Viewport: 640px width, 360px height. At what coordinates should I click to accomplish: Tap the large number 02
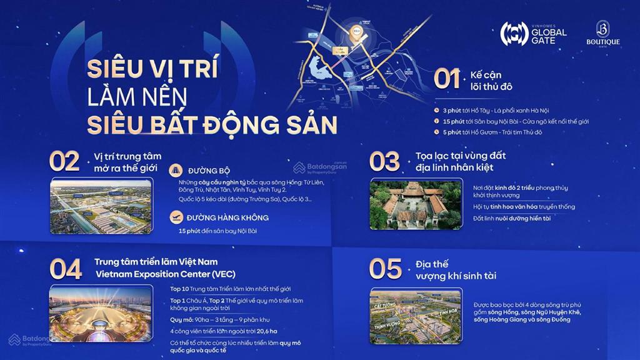pos(64,161)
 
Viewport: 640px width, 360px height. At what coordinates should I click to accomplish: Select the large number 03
pos(384,161)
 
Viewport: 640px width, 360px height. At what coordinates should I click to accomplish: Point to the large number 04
pos(66,270)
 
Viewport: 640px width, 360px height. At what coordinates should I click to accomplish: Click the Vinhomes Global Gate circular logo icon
pos(514,33)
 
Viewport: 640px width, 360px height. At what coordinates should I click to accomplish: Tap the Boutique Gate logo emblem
pos(602,29)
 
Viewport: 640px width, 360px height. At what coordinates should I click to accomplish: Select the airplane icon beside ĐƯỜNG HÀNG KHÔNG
pos(177,217)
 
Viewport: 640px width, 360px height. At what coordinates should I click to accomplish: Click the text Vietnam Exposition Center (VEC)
pos(157,274)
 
